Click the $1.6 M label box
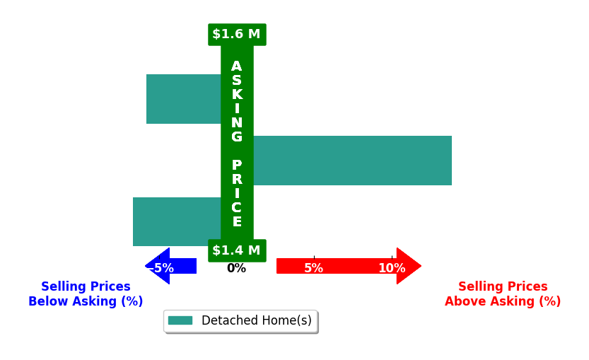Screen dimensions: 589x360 [x=237, y=35]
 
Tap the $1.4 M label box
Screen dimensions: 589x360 [x=237, y=250]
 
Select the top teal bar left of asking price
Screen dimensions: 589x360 [x=184, y=99]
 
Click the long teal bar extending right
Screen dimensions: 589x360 [x=352, y=161]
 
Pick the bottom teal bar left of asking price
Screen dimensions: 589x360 [x=177, y=221]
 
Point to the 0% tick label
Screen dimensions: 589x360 [x=237, y=268]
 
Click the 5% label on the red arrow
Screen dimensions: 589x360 [x=314, y=268]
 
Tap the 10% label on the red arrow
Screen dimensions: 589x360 [x=392, y=268]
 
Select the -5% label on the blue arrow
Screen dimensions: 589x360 [x=162, y=268]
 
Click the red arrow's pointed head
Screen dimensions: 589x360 [x=421, y=266]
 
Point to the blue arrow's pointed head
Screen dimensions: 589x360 [x=146, y=266]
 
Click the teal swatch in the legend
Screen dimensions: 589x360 [x=180, y=320]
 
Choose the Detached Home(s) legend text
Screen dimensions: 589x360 [x=257, y=320]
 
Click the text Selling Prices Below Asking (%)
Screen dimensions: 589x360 [x=86, y=294]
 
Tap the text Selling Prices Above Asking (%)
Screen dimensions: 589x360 [x=503, y=294]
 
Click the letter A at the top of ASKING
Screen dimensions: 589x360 [x=237, y=66]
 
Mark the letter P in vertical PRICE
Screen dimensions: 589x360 [x=237, y=165]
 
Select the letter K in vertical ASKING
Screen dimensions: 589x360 [x=237, y=94]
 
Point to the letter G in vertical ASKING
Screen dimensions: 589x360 [x=237, y=137]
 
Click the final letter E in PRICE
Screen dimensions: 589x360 [x=237, y=221]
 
